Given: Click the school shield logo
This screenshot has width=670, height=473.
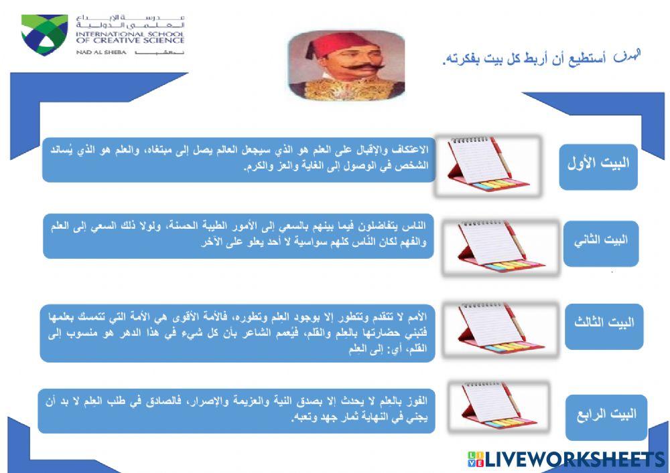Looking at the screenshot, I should [44, 34].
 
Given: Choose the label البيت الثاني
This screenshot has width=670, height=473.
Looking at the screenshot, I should [600, 242].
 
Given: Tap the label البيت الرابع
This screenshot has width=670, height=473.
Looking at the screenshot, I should [606, 415].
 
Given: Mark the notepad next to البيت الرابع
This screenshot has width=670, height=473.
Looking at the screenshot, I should [496, 409].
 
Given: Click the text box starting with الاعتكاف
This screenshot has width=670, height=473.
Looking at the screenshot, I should [239, 159].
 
